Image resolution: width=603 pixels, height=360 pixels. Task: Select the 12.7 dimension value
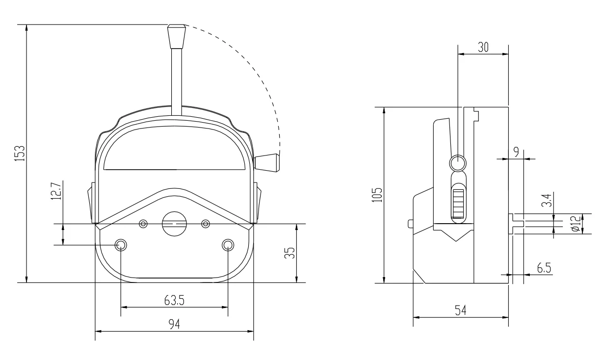pyautogui.click(x=58, y=193)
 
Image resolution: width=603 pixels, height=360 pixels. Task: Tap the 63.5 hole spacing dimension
pyautogui.click(x=174, y=300)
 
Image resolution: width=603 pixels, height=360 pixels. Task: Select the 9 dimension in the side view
pyautogui.click(x=516, y=152)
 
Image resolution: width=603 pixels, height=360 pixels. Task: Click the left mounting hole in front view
pyautogui.click(x=121, y=244)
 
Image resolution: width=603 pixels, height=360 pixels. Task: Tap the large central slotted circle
pyautogui.click(x=174, y=224)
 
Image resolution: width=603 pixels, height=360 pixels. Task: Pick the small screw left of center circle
pyautogui.click(x=143, y=224)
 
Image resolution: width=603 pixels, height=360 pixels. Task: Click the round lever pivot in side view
pyautogui.click(x=458, y=163)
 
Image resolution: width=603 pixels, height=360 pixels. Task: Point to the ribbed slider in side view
pyautogui.click(x=458, y=203)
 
